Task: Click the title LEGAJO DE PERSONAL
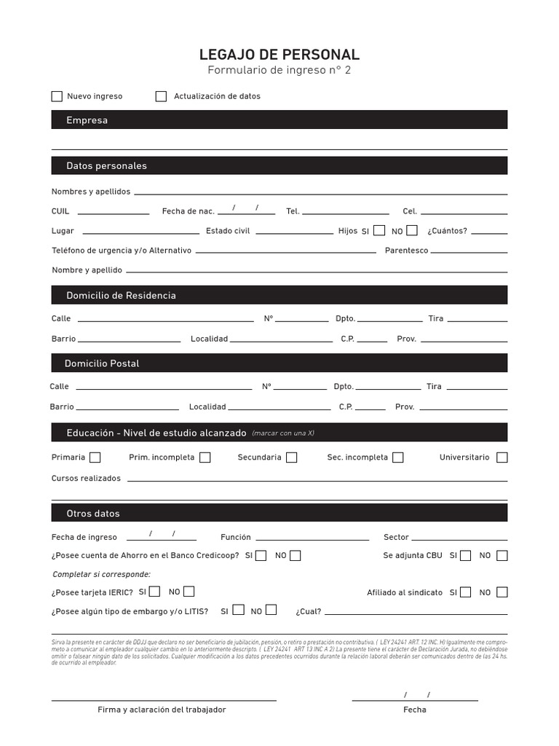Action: (279, 55)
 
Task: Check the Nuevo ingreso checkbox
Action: (57, 96)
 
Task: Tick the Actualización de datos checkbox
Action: (161, 96)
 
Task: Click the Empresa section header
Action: (87, 120)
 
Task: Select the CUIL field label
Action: (60, 211)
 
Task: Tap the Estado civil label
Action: (228, 231)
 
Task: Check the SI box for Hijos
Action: (379, 230)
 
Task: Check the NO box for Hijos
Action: (412, 230)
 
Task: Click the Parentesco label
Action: (406, 251)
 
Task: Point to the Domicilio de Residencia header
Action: (121, 295)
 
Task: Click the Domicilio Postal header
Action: (102, 363)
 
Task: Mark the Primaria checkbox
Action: (95, 458)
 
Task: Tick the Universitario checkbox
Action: (502, 458)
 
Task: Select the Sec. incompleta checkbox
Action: (397, 458)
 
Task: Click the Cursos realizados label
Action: (86, 479)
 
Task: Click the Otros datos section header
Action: (93, 513)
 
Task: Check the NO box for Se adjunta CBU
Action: (502, 555)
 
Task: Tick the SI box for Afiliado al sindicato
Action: (465, 592)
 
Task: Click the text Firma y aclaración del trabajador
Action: (162, 710)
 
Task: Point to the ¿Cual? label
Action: (308, 612)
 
